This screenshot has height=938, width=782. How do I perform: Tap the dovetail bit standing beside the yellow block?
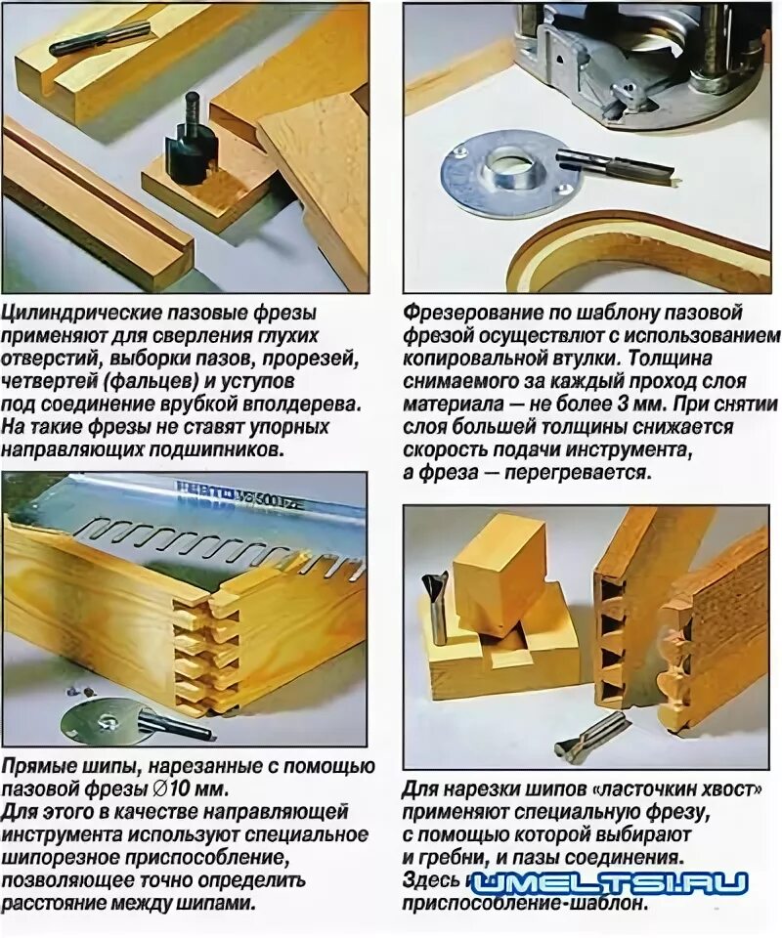436,606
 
